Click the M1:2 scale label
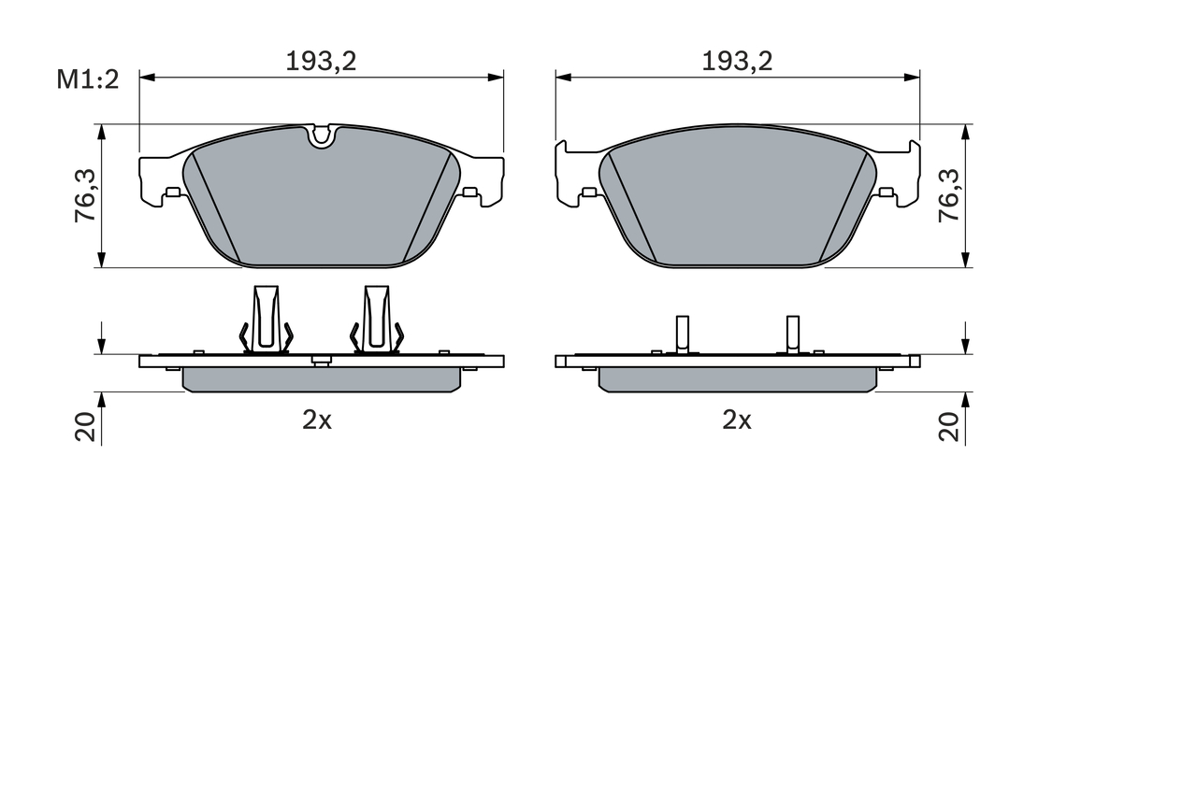coord(88,80)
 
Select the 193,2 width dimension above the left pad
coord(321,62)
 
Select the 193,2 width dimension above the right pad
coord(737,62)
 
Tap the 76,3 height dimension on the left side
coord(85,195)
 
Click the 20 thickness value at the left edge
coord(86,427)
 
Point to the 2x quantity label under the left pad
coord(317,420)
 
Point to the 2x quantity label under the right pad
coord(737,420)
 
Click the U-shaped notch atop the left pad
coord(322,136)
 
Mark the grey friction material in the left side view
coord(322,378)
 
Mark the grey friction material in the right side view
coord(737,378)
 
